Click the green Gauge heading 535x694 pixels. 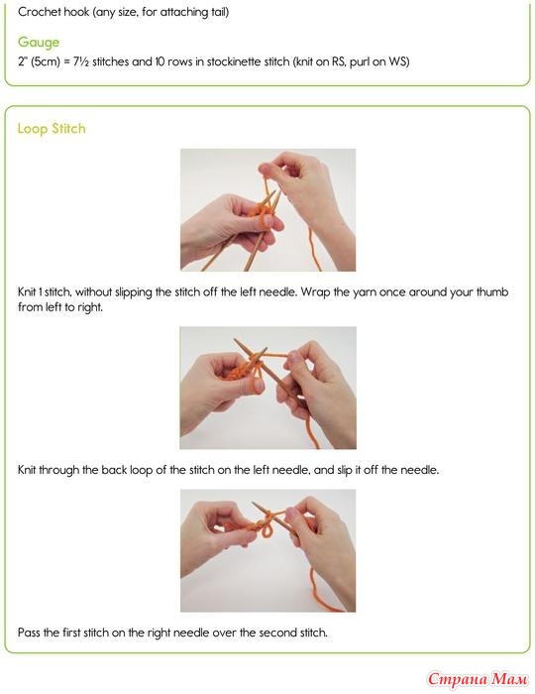pyautogui.click(x=39, y=42)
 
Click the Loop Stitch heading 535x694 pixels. pyautogui.click(x=52, y=129)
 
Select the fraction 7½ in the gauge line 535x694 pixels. pyautogui.click(x=81, y=61)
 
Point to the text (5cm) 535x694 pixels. pyautogui.click(x=46, y=61)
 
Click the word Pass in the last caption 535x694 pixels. pyautogui.click(x=29, y=633)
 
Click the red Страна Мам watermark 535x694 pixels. pyautogui.click(x=478, y=679)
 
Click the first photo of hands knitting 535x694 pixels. pyautogui.click(x=267, y=210)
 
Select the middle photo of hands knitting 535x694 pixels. pyautogui.click(x=267, y=388)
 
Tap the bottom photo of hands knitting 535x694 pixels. pyautogui.click(x=267, y=550)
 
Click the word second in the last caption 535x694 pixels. pyautogui.click(x=276, y=633)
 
